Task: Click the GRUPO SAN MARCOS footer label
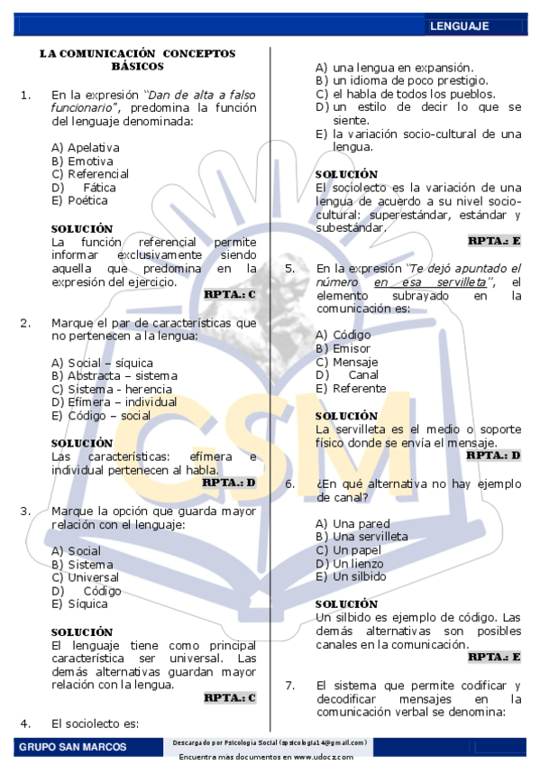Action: [x=72, y=747]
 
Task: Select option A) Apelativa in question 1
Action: [x=86, y=147]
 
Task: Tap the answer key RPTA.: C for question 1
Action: [x=230, y=294]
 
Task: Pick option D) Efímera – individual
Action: [x=114, y=402]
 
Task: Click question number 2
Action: [x=25, y=322]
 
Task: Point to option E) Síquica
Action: [x=78, y=604]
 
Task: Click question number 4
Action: [x=25, y=723]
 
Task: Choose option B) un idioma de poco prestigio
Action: [x=401, y=80]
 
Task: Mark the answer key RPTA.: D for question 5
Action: [x=494, y=455]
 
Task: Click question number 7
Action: [x=290, y=685]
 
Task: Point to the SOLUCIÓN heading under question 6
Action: [x=346, y=604]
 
